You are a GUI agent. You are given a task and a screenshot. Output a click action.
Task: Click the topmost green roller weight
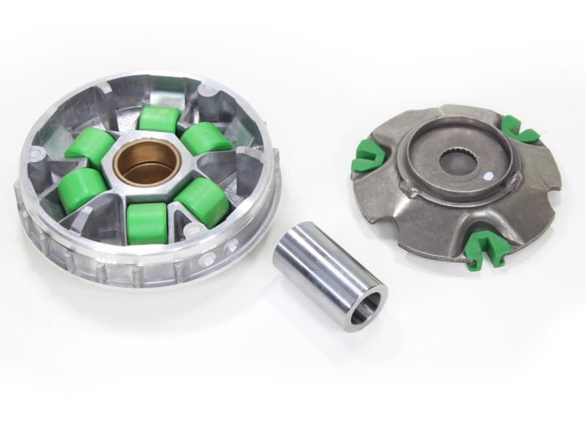[x=159, y=119]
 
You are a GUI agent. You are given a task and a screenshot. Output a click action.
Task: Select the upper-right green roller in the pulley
[x=206, y=138]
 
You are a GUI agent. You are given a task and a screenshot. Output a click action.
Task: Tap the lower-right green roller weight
[x=201, y=202]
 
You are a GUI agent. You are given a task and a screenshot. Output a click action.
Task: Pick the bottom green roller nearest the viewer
[x=148, y=223]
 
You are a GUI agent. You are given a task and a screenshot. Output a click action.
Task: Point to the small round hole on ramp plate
[x=486, y=176]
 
